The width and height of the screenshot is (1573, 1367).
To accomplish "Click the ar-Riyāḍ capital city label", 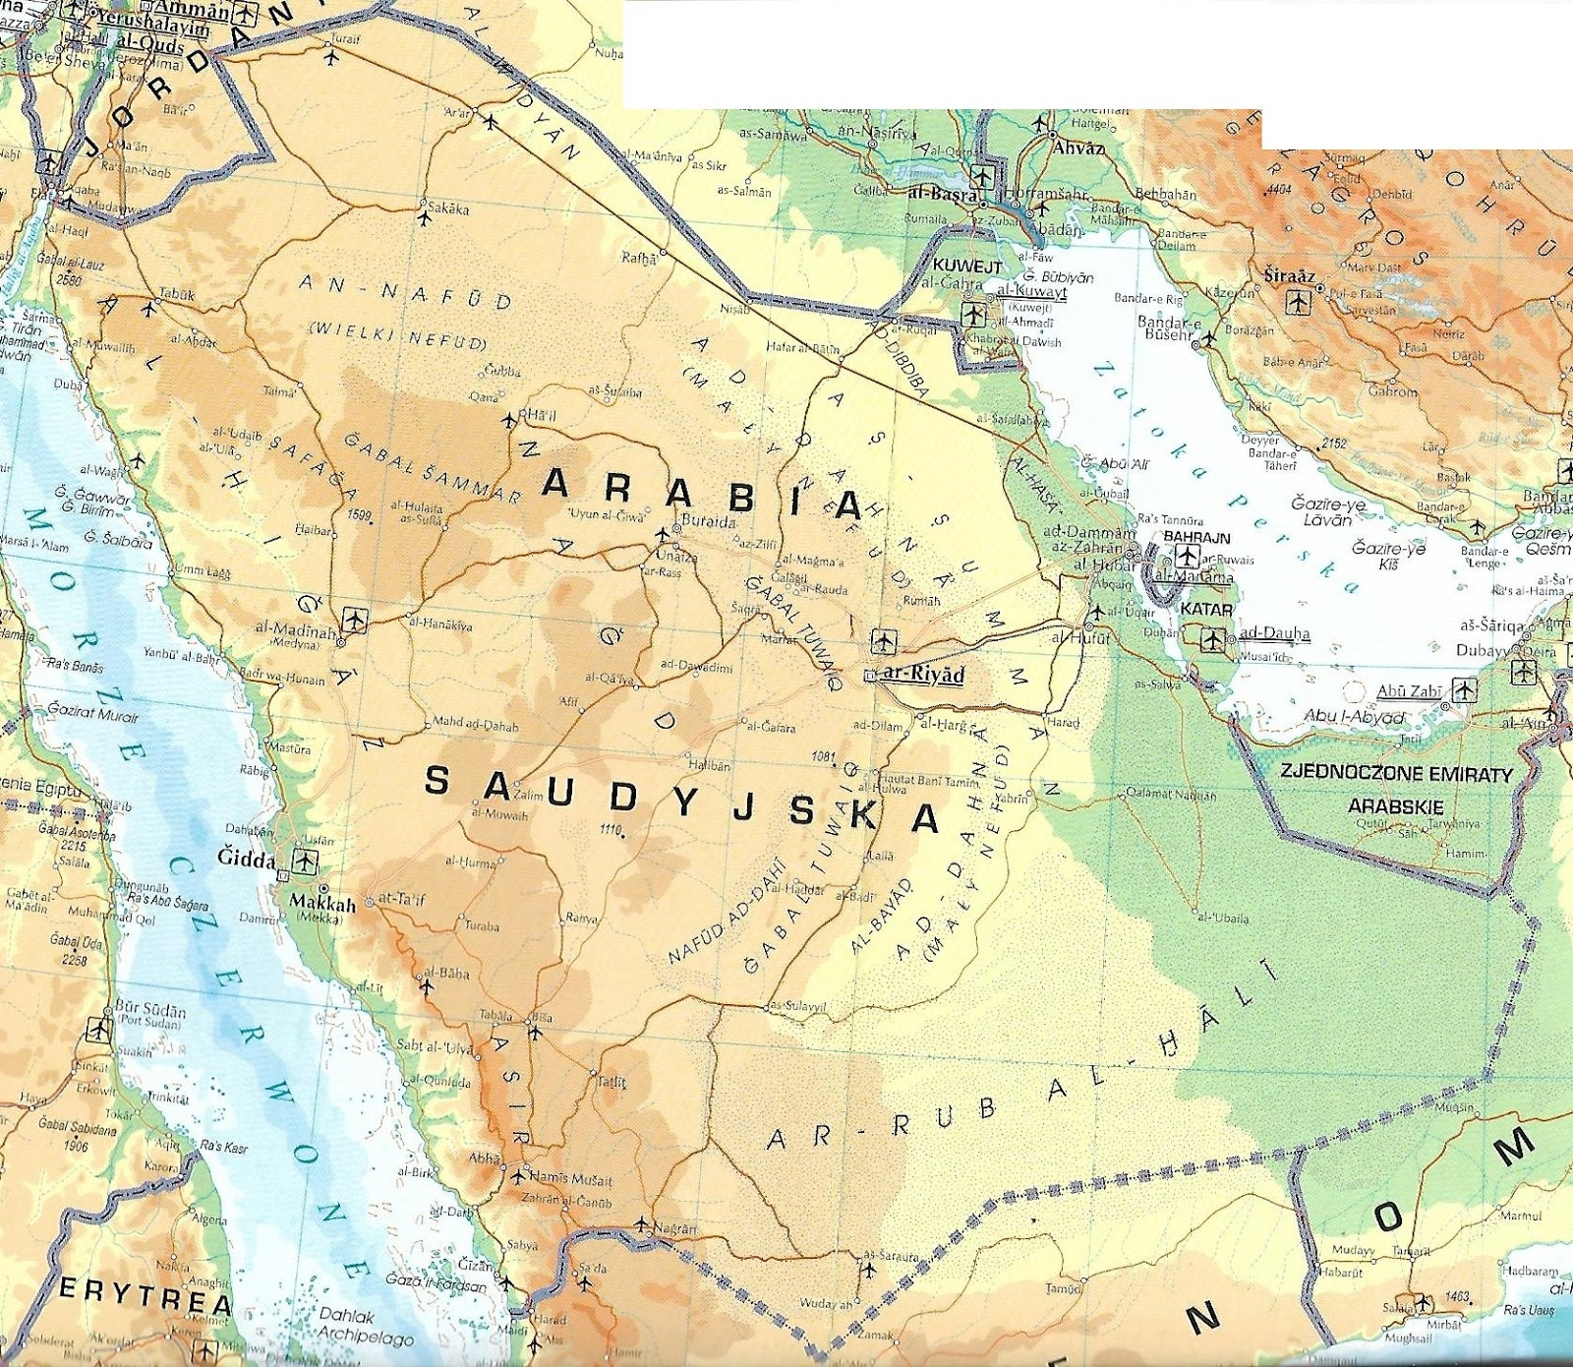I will (924, 675).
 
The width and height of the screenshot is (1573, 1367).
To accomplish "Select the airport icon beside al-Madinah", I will (354, 621).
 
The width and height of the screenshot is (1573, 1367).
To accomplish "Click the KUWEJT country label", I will (966, 267).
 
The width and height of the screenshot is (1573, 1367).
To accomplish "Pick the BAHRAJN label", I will (1196, 538).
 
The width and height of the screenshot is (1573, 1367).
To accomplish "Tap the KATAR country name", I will (1206, 610).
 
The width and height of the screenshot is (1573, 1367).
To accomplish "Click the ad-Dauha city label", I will (1274, 633).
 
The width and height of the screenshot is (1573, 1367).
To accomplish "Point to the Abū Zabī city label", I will (1409, 691).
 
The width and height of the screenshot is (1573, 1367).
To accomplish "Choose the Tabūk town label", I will (177, 294).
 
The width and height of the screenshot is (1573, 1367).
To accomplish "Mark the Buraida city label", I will (708, 522).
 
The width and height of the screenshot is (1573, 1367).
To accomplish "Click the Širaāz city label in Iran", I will (1289, 276).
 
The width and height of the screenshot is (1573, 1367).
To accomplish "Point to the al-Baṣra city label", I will (942, 195).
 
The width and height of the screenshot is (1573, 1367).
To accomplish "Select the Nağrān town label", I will (674, 1229).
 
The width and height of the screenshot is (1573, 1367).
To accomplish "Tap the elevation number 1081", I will (824, 756).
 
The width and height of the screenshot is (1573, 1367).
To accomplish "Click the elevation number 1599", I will (359, 514).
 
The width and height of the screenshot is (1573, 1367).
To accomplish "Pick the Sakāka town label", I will (449, 208).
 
